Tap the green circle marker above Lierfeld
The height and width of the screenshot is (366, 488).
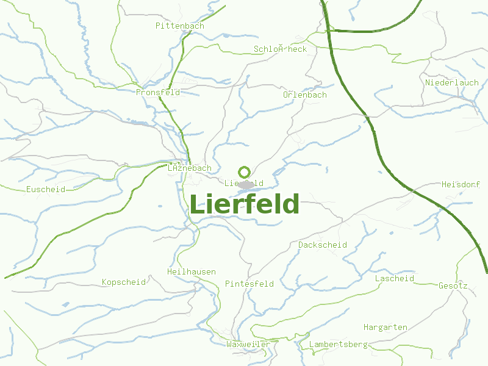click(x=245, y=172)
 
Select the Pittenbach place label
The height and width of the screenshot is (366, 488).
click(x=179, y=26)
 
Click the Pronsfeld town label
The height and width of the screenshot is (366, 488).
click(x=158, y=92)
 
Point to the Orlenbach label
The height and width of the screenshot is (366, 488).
click(x=304, y=95)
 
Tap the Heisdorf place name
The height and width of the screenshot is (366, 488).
click(x=461, y=184)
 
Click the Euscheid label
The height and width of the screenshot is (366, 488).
click(x=45, y=189)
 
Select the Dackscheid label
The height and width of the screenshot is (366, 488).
click(x=323, y=245)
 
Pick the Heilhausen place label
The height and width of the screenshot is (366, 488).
click(x=192, y=271)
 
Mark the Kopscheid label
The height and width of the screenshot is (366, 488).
click(x=124, y=282)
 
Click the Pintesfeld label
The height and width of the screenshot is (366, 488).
click(x=249, y=284)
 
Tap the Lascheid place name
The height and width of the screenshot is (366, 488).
click(x=394, y=278)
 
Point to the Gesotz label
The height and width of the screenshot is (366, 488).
click(x=453, y=285)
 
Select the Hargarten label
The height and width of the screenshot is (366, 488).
click(x=386, y=327)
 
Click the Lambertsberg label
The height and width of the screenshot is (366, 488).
click(x=339, y=344)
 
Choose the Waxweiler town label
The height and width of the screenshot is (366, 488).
click(x=248, y=344)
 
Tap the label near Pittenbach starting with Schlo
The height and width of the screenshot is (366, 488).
click(x=280, y=49)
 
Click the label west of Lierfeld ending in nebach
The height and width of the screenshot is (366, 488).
click(x=189, y=168)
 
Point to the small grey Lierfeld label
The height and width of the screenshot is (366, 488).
click(x=244, y=183)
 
